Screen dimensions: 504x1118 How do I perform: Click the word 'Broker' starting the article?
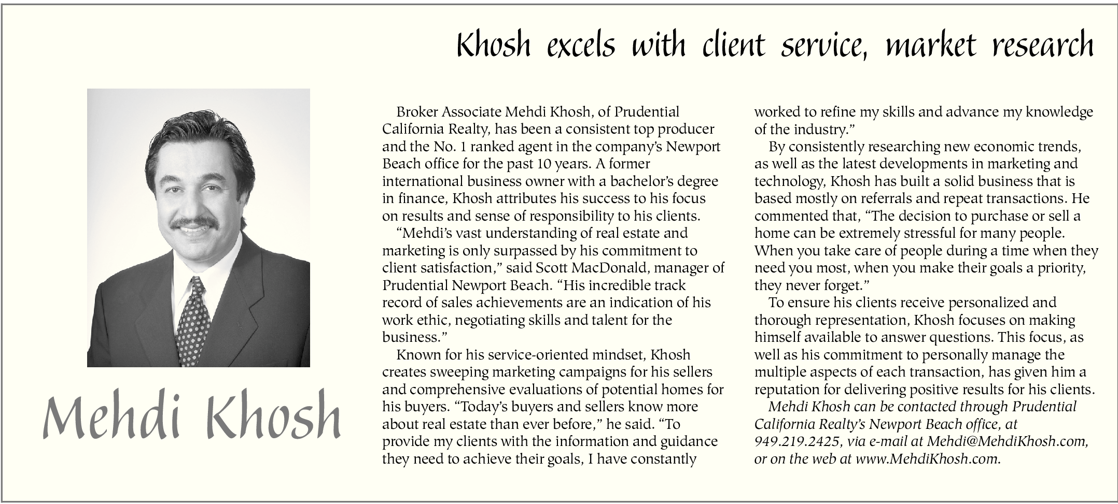pyautogui.click(x=417, y=112)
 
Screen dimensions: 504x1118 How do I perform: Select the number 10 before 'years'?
pyautogui.click(x=542, y=164)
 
